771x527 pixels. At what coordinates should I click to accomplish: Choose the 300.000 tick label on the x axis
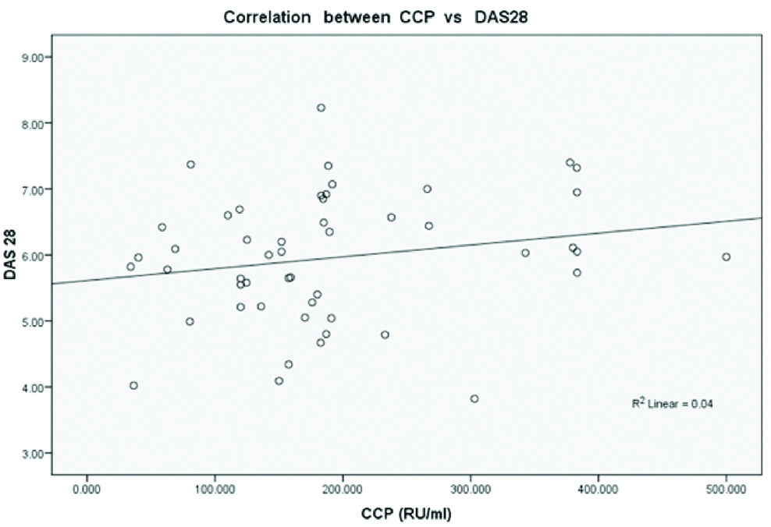tap(470, 489)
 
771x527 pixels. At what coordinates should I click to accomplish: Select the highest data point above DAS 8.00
tap(321, 108)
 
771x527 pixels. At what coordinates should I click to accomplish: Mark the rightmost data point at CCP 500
tap(726, 256)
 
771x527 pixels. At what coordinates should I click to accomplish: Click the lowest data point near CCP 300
tap(474, 398)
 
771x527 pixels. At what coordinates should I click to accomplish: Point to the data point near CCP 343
tap(525, 253)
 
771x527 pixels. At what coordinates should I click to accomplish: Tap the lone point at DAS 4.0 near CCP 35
tap(133, 385)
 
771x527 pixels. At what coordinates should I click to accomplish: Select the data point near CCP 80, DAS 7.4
tap(190, 164)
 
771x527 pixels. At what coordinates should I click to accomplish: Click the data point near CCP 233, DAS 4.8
tap(385, 334)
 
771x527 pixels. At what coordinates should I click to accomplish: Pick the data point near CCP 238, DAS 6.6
tap(391, 217)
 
